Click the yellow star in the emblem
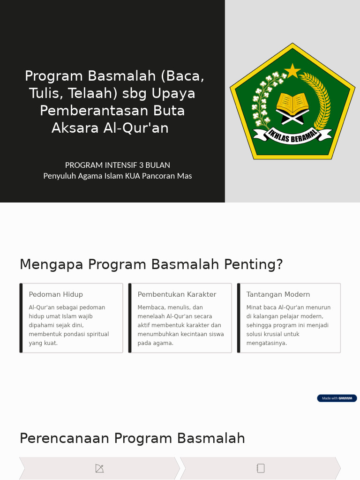click(x=292, y=71)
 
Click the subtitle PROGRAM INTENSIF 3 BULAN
click(x=118, y=165)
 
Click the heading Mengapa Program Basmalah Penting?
click(x=151, y=264)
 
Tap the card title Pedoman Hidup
click(x=56, y=294)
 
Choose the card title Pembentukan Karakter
click(x=177, y=294)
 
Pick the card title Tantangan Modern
click(x=278, y=294)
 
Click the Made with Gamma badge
click(x=337, y=398)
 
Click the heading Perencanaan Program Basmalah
click(x=132, y=438)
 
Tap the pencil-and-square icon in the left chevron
click(x=99, y=468)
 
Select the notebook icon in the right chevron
click(x=261, y=468)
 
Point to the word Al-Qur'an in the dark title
click(x=136, y=127)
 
